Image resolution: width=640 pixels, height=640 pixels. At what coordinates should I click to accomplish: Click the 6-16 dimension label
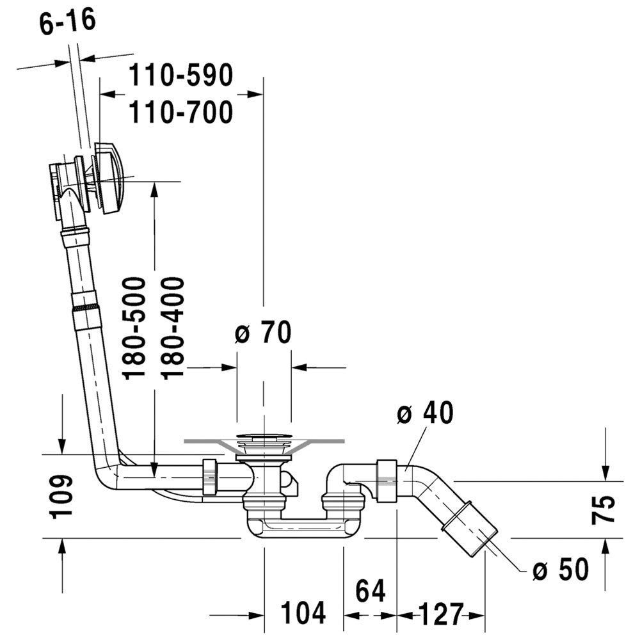point(68,21)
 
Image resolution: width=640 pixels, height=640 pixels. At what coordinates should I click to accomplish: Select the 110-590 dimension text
point(181,75)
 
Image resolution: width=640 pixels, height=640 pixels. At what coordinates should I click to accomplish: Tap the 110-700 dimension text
point(181,112)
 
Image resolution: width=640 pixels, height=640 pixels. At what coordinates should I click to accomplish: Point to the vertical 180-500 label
point(134,328)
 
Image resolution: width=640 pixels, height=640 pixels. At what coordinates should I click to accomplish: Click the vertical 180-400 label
point(173,328)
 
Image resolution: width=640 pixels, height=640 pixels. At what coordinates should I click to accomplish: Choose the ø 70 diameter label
point(263,332)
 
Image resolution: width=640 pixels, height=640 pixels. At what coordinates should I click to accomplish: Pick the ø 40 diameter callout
point(426,412)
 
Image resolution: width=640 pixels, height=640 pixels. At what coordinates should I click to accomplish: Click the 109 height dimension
point(61,497)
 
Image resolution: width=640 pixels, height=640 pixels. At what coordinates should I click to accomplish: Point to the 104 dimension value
point(303,612)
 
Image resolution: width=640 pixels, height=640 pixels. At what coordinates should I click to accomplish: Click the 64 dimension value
point(370,591)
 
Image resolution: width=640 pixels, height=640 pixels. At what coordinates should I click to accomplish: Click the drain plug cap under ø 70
point(264,437)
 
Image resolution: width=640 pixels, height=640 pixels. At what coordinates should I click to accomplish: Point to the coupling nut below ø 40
point(387,481)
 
